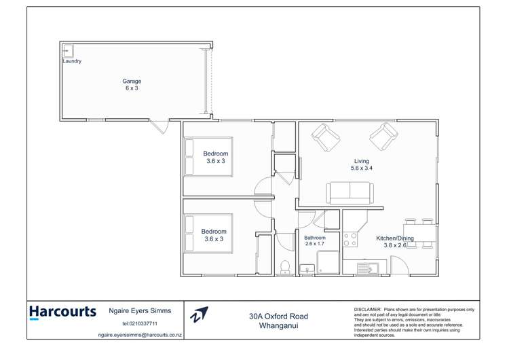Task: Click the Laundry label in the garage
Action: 72,61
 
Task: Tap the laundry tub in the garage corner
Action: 68,50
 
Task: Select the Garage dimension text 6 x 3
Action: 132,88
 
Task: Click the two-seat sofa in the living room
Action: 349,193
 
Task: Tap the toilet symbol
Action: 286,266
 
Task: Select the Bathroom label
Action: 315,238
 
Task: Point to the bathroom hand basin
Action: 306,270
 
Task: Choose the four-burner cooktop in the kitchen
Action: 350,239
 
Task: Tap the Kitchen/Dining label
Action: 395,238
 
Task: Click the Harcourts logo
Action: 63,312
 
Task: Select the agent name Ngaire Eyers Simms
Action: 140,311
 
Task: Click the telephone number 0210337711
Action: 140,323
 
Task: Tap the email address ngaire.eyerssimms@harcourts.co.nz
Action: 140,335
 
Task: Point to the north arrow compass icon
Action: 200,314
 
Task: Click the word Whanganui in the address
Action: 278,325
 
